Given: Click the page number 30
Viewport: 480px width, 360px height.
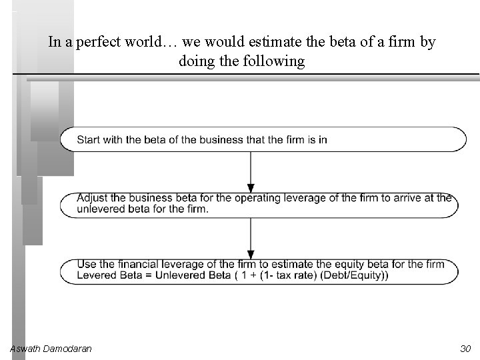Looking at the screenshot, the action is pyautogui.click(x=465, y=349).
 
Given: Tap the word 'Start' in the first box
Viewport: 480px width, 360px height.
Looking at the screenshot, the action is pyautogui.click(x=88, y=139).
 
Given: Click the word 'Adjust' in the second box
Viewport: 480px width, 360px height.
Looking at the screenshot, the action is pyautogui.click(x=91, y=198).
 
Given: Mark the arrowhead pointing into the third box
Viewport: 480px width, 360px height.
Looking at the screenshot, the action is pyautogui.click(x=251, y=254).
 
